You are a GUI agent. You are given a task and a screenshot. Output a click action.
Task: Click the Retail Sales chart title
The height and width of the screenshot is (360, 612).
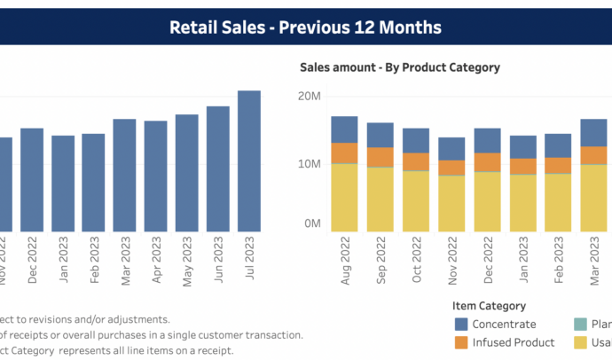click(305, 27)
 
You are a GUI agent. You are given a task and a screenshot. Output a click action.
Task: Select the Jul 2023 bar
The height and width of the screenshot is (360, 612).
click(249, 160)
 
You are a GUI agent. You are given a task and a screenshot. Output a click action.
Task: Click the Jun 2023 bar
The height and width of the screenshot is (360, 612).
click(218, 168)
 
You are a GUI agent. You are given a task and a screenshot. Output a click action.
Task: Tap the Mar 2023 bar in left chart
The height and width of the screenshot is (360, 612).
click(125, 175)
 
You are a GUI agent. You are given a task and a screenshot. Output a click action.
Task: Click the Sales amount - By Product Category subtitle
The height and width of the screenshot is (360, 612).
click(400, 67)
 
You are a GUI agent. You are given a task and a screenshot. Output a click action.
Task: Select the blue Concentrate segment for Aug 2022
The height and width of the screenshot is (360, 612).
click(344, 129)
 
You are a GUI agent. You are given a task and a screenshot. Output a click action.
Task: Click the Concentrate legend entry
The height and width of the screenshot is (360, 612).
click(504, 325)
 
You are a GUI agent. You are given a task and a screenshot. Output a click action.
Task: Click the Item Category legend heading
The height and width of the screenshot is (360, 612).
click(490, 306)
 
